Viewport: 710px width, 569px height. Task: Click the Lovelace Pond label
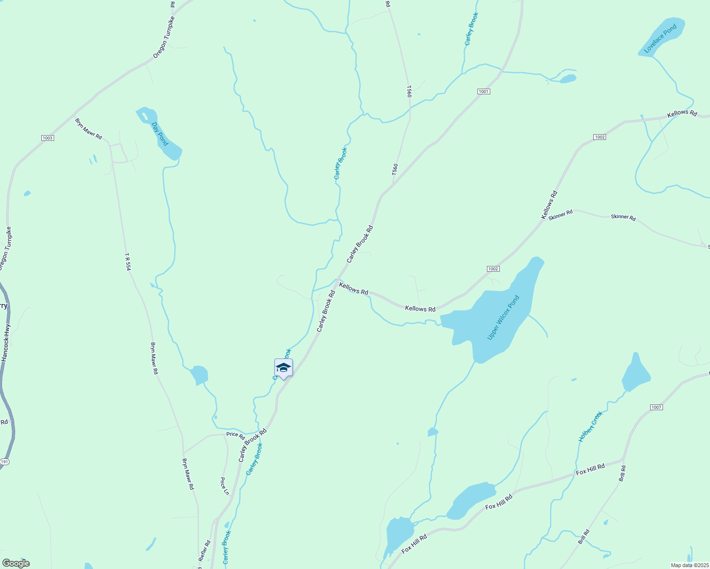[660, 39]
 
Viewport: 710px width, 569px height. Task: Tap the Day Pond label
[160, 134]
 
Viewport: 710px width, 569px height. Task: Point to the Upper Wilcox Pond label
[504, 318]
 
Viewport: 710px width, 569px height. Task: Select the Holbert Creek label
[590, 427]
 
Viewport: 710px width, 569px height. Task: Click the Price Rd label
[235, 435]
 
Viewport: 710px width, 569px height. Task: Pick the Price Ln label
[224, 486]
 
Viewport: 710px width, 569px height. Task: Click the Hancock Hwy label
[5, 343]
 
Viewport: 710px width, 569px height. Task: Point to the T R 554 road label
[127, 262]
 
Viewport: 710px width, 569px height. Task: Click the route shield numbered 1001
[484, 91]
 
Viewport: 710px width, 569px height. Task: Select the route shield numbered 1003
[47, 138]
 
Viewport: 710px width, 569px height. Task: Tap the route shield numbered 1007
[656, 407]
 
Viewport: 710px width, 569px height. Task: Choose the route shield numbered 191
[5, 461]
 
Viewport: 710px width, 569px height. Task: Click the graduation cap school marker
[283, 368]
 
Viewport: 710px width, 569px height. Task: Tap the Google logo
[16, 563]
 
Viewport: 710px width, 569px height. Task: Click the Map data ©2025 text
[689, 565]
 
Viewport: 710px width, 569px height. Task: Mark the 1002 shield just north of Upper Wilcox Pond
[493, 269]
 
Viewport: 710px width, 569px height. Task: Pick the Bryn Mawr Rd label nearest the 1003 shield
[89, 129]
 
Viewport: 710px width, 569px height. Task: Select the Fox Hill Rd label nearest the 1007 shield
[590, 469]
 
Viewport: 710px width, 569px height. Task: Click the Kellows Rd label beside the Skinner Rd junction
[550, 205]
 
